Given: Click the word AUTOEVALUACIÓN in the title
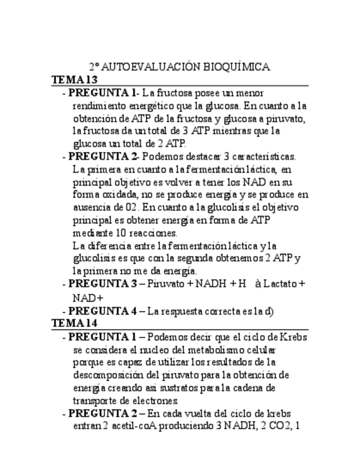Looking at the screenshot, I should click(x=150, y=67).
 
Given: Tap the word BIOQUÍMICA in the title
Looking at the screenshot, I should click(x=237, y=67).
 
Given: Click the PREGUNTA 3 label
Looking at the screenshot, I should click(x=102, y=283).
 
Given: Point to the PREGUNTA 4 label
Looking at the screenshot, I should click(x=102, y=311).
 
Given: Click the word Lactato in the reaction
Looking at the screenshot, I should click(x=279, y=283).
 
